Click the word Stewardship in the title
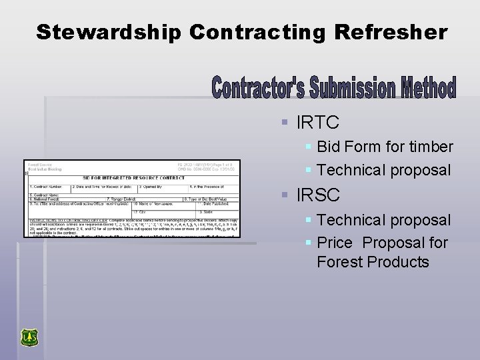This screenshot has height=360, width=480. click(x=108, y=32)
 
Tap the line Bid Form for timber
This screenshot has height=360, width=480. click(x=385, y=147)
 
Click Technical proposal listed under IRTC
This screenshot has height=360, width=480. click(x=383, y=170)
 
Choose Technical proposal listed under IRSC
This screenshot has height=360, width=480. click(x=383, y=219)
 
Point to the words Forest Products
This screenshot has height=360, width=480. click(x=373, y=262)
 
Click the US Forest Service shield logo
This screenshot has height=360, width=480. click(x=29, y=337)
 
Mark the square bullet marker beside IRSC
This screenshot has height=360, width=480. click(x=284, y=196)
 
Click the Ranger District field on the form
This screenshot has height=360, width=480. click(x=121, y=199)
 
